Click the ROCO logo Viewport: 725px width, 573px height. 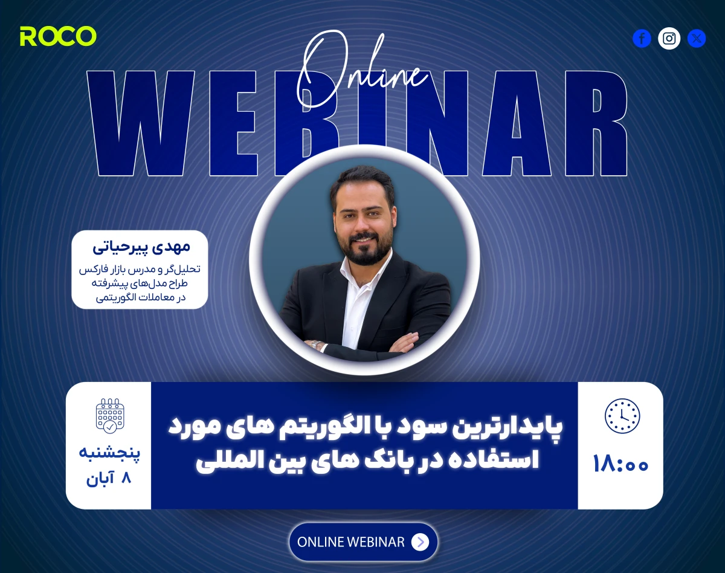58,36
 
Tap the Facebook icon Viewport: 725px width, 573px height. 642,39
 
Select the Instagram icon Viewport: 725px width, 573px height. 669,39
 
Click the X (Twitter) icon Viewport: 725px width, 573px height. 697,39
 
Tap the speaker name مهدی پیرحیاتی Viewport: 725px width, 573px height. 141,246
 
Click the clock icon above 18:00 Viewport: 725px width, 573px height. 622,416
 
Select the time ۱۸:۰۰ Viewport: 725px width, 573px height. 620,464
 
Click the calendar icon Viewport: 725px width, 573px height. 109,416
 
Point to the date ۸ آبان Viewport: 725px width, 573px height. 109,479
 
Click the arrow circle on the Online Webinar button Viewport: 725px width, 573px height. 420,542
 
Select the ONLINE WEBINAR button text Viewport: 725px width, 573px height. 351,542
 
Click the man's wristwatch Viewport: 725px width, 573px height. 314,345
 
